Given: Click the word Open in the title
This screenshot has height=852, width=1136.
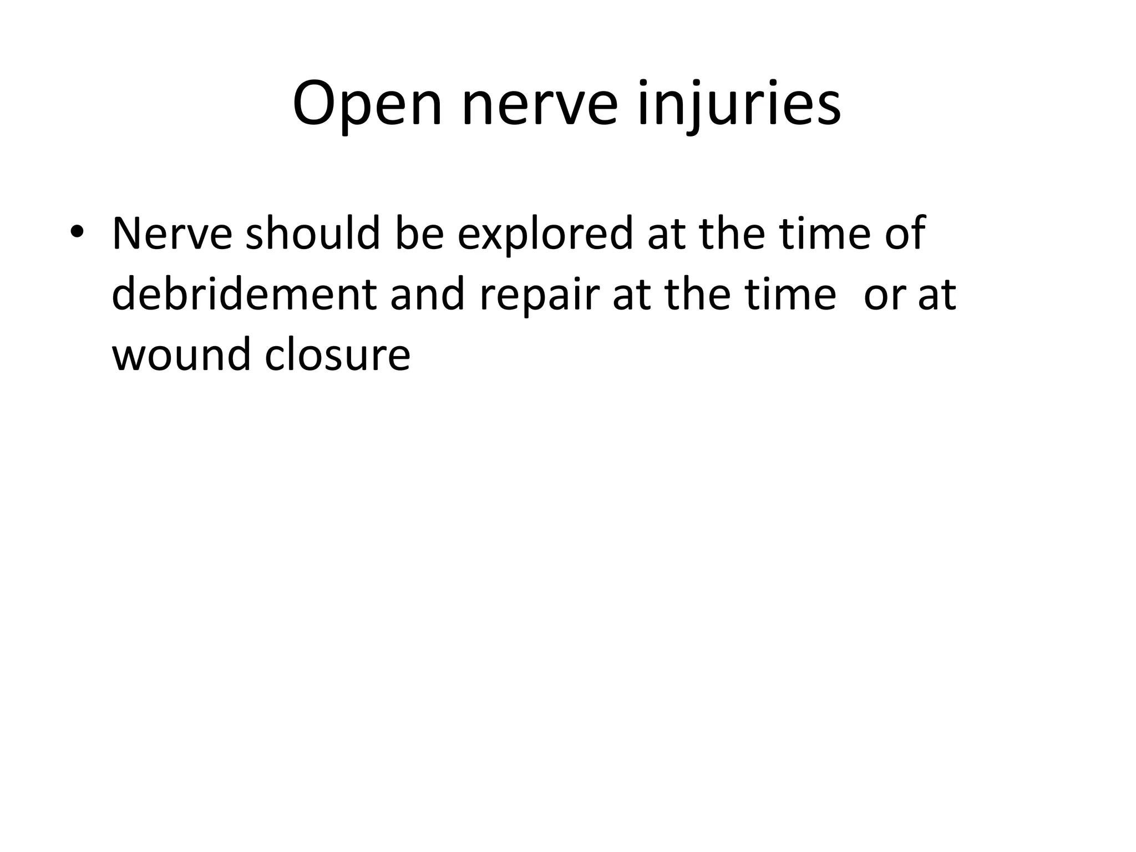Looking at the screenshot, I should [367, 105].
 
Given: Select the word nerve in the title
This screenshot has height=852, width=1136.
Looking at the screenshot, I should [539, 105].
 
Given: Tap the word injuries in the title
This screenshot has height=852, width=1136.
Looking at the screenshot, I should [739, 105].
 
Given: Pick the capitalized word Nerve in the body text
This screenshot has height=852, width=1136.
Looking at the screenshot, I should [172, 234].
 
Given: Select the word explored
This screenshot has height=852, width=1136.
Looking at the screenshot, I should [545, 234].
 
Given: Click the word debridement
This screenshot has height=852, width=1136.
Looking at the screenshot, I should [244, 295].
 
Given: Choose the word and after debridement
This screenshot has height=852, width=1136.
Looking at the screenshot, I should [427, 295].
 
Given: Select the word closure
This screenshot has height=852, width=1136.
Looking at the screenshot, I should [337, 355].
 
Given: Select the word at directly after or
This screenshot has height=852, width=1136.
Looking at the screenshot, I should [937, 295].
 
